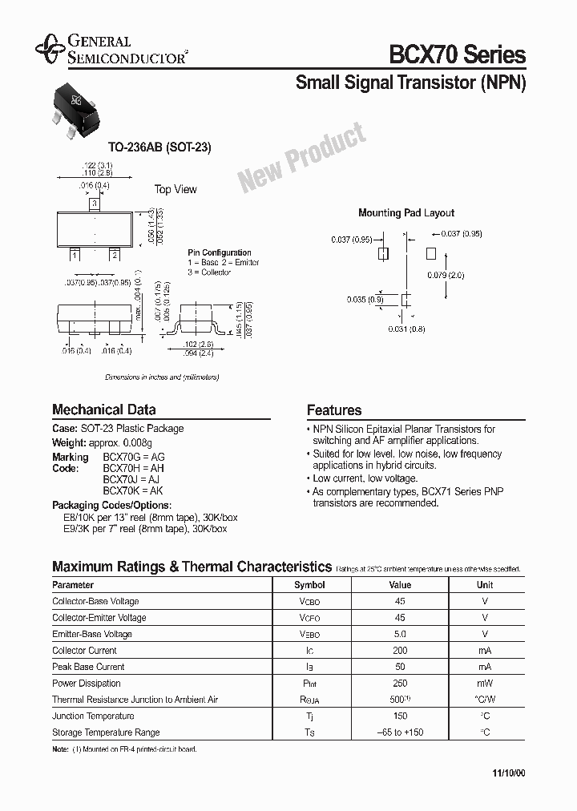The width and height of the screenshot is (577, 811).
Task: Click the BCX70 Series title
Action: tap(457, 54)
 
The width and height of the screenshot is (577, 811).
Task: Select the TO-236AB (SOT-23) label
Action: tap(159, 148)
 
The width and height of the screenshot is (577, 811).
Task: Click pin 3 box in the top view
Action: tap(95, 204)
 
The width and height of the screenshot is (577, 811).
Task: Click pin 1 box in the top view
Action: tap(75, 255)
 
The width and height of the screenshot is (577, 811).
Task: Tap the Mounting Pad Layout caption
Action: tap(406, 213)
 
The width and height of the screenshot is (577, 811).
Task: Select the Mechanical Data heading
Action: tap(104, 410)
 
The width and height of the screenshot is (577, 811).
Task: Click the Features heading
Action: tap(334, 410)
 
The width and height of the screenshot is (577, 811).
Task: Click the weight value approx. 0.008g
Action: tap(141, 442)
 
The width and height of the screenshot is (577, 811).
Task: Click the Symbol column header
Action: tap(309, 585)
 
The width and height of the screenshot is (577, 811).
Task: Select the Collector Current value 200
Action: tap(401, 651)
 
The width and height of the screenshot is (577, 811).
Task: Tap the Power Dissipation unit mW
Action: tap(485, 684)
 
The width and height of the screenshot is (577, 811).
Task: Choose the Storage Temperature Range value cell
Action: tap(401, 732)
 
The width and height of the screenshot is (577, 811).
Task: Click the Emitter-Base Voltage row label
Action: tap(92, 634)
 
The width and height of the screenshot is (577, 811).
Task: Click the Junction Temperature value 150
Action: tap(401, 716)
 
